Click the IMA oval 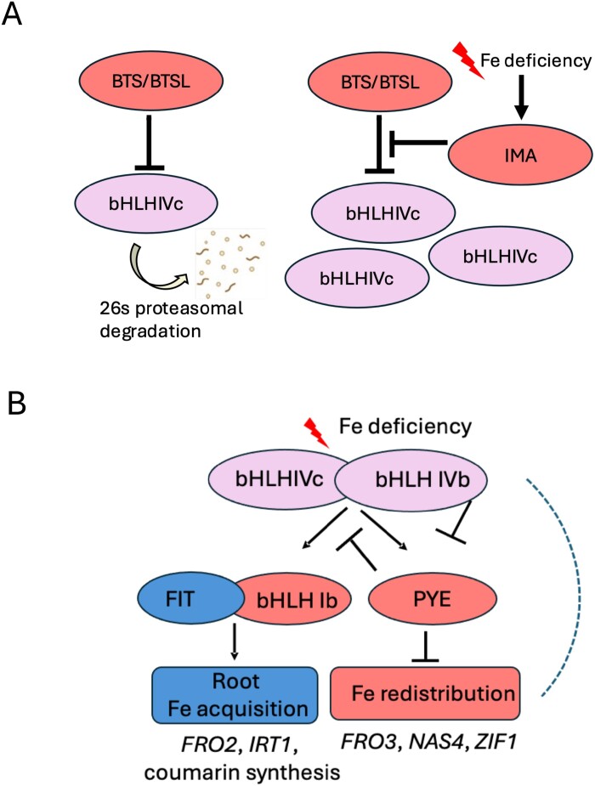coord(520,155)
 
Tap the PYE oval coord(432,598)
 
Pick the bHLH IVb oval coord(412,479)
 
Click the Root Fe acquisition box coord(235,695)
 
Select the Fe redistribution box coord(425,693)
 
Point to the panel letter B coord(16,404)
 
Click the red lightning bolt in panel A coord(469,60)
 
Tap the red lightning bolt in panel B coord(316,433)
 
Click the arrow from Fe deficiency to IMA coord(522,97)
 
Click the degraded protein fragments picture coord(230,263)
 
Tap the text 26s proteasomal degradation coord(171,319)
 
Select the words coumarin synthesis coord(242,772)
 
